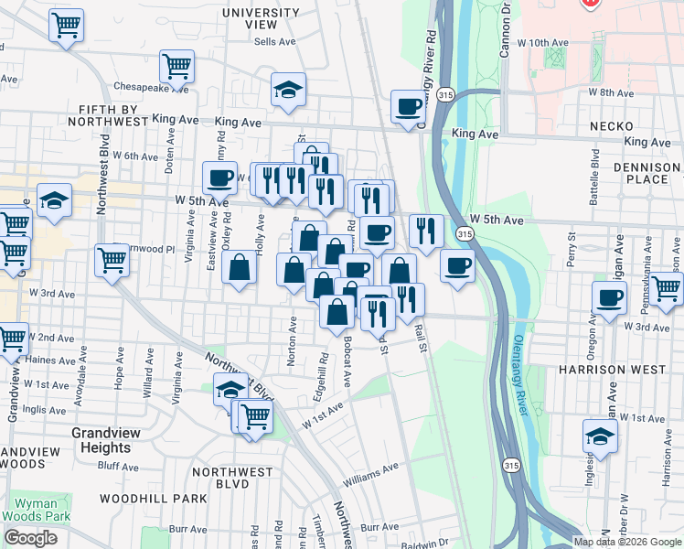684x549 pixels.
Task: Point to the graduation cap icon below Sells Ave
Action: click(288, 91)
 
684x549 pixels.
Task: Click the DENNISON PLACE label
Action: click(647, 173)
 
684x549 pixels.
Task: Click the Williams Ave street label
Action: click(371, 474)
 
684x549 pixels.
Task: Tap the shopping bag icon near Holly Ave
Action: click(239, 268)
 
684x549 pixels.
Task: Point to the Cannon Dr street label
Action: click(503, 30)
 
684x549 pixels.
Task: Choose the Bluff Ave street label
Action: click(116, 466)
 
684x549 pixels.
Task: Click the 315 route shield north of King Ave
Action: click(445, 94)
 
